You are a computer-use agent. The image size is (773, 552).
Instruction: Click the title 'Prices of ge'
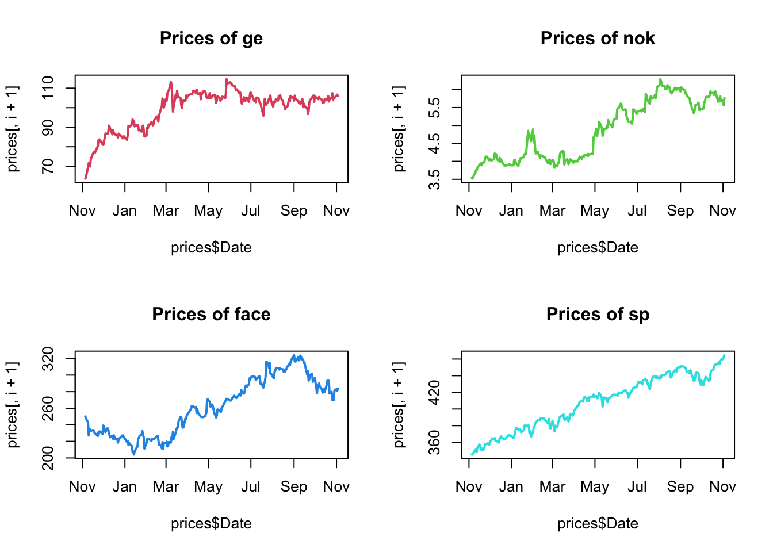211,39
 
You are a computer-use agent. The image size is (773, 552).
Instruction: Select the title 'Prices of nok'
598,39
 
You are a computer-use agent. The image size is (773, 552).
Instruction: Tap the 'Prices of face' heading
211,315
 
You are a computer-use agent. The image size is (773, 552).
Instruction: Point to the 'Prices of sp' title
598,315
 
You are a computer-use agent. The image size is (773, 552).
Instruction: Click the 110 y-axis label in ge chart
48,88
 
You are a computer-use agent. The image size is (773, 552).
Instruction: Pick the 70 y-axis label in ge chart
48,166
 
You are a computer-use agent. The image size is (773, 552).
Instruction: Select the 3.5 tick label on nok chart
435,179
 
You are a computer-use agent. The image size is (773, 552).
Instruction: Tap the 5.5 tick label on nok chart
435,108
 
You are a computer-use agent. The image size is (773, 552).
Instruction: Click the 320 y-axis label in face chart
48,359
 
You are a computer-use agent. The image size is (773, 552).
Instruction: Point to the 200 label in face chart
48,458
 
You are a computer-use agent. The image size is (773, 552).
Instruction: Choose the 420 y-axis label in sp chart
435,393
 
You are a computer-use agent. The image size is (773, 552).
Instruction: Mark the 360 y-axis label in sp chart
435,442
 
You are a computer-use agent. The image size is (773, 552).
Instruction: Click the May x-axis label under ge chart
208,211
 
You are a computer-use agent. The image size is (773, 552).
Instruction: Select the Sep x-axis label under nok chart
680,211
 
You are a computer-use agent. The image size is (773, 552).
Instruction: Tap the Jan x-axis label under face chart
125,487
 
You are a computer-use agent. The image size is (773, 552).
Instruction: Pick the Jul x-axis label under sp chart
637,487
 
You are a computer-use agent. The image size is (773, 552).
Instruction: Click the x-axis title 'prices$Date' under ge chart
211,248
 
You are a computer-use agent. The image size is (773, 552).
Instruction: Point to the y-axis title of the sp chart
399,405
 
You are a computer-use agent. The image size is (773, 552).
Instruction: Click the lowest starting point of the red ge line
86,178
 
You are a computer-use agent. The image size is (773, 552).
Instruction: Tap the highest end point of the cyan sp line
724,355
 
